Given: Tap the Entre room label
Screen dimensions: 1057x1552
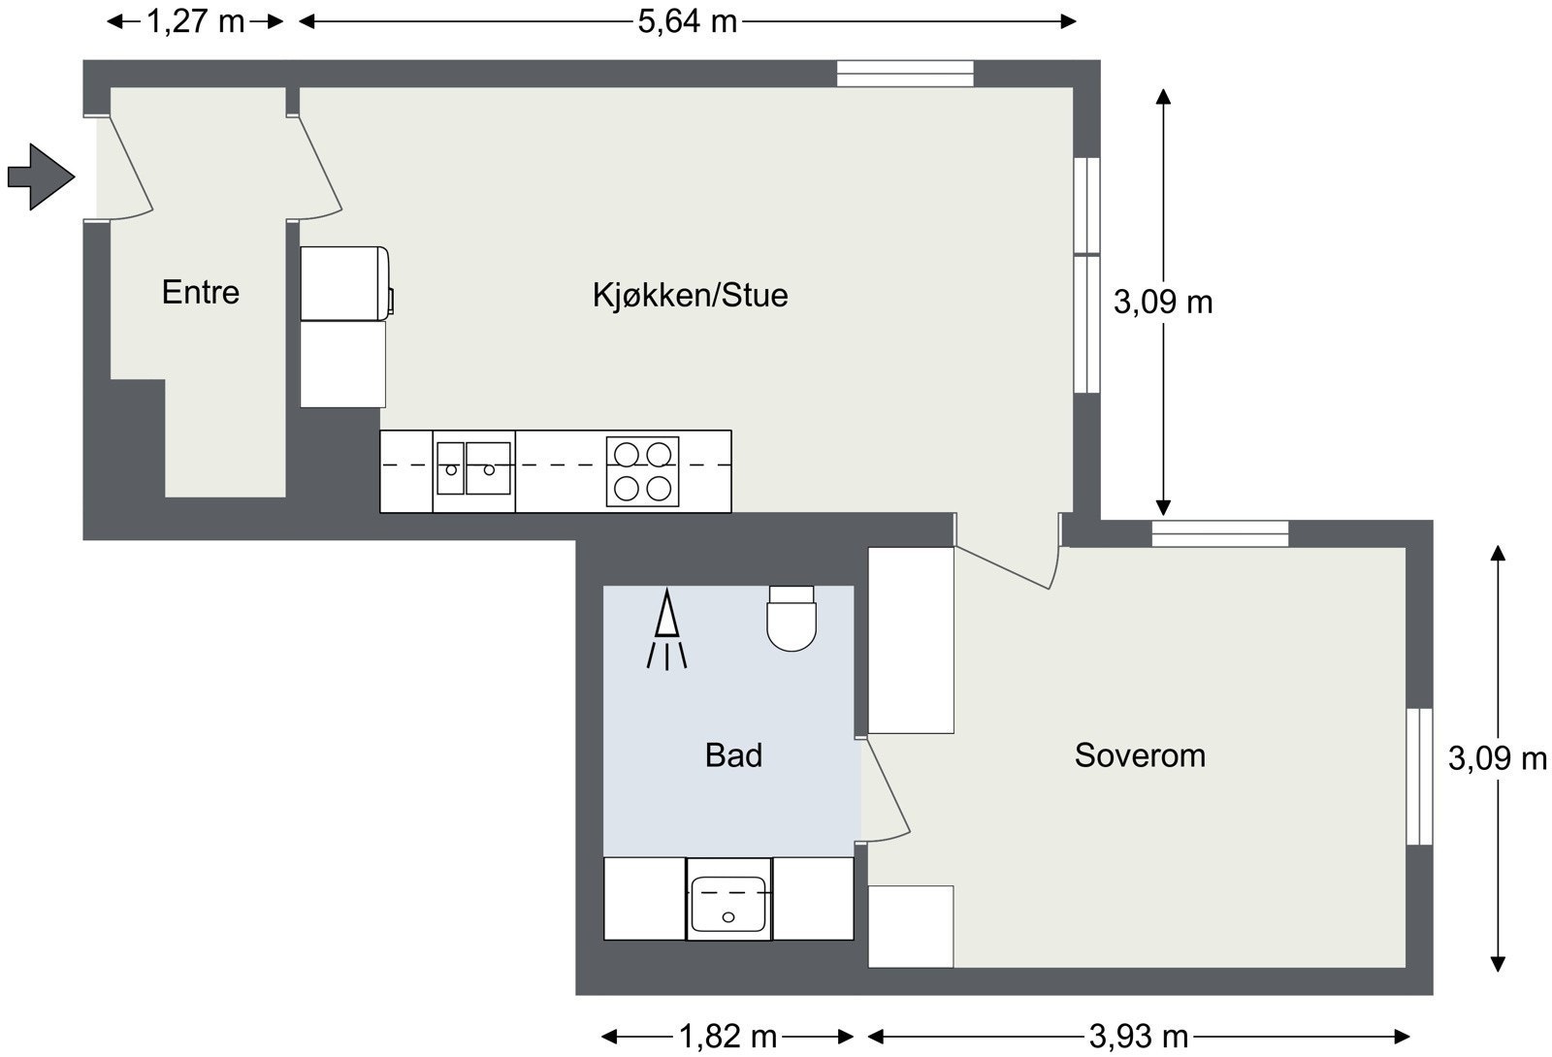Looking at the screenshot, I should point(200,292).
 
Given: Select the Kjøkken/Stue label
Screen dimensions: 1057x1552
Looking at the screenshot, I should point(690,295).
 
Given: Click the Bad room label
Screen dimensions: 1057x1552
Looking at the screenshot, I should point(733,754).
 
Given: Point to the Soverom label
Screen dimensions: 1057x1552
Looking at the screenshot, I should point(1140,754).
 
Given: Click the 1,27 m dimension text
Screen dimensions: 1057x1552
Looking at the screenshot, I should point(195,20).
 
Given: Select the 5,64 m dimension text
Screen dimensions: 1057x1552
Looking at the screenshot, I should point(687,20).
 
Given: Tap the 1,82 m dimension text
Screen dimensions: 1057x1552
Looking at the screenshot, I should point(727,1037).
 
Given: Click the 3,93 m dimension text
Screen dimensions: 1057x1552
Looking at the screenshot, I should point(1139,1037).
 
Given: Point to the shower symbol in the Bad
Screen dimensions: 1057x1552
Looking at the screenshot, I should point(666,630).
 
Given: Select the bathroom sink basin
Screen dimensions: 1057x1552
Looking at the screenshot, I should point(728,899).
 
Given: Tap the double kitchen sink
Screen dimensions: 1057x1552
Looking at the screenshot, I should point(473,468).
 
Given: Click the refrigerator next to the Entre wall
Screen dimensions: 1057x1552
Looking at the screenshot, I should point(345,283).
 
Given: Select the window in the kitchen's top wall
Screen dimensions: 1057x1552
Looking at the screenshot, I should point(905,74).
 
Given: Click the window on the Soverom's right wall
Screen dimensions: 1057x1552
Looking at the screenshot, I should point(1419,776).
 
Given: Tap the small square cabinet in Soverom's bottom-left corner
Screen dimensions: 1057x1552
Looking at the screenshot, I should point(910,926).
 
